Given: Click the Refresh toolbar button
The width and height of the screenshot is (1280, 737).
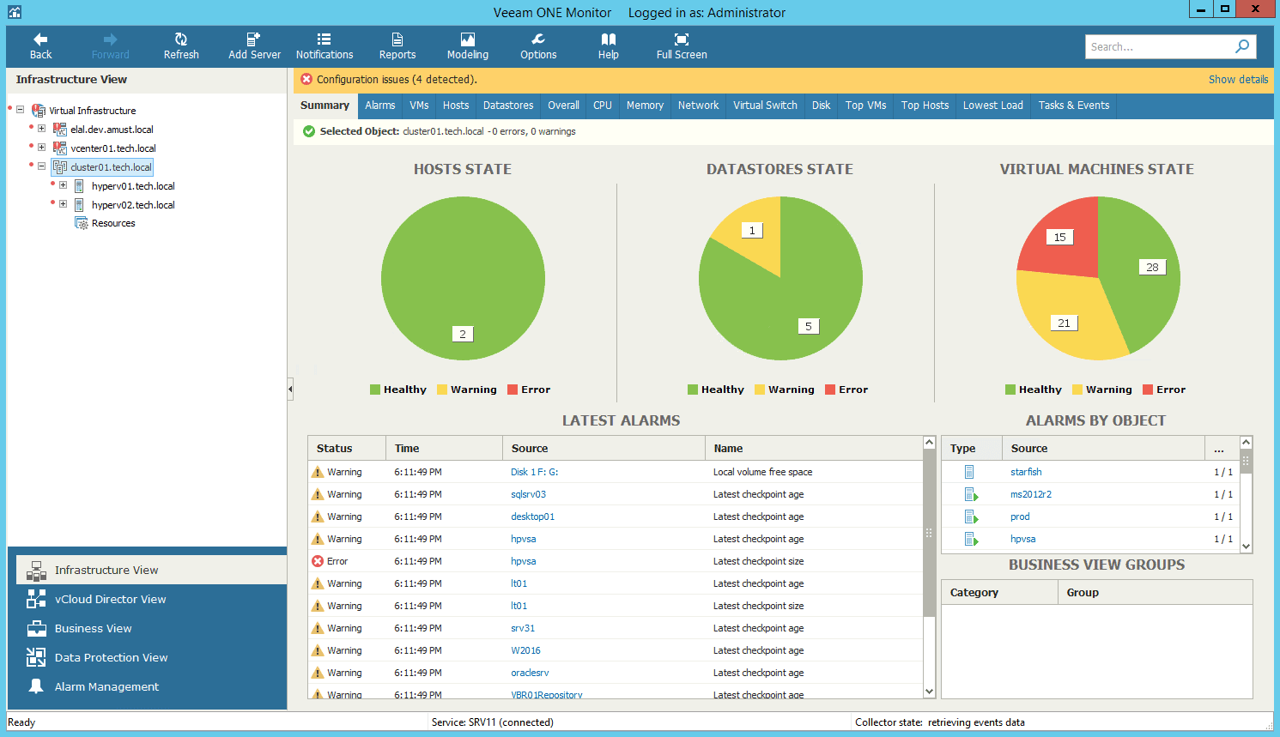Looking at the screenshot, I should [181, 46].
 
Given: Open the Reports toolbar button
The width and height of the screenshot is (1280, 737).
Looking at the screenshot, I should [397, 46].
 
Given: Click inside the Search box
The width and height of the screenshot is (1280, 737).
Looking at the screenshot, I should [1159, 47].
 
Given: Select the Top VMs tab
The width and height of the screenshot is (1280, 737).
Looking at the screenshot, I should [865, 106].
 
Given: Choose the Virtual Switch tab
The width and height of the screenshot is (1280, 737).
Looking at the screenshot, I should [765, 106].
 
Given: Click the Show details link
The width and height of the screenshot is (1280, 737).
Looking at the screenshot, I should [1238, 80].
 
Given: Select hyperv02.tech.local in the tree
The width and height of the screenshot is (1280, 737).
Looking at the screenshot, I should [133, 205].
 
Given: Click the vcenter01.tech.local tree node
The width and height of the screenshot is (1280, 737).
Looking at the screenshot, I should [113, 148].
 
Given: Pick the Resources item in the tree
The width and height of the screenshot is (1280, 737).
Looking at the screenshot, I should [113, 224].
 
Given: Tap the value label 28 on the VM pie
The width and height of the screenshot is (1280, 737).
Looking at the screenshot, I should [1152, 268].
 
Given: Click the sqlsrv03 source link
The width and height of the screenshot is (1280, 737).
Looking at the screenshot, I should [528, 495].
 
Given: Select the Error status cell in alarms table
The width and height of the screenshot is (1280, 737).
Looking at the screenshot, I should [337, 562].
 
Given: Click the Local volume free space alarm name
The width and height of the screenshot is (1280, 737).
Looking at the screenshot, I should [762, 473].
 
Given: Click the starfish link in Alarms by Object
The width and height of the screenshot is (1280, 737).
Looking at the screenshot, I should [1026, 473].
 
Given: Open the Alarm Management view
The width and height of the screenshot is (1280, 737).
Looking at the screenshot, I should [106, 687].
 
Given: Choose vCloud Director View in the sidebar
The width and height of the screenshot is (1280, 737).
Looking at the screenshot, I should [110, 600].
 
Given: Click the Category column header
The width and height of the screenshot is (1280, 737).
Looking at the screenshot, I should [974, 593].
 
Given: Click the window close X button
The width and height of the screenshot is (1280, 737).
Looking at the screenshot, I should [1255, 9].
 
